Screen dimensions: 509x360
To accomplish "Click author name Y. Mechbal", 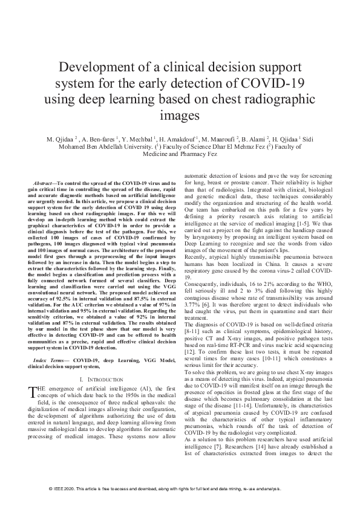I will tap(136, 140).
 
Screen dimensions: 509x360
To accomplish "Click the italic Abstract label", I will tap(44, 182).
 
